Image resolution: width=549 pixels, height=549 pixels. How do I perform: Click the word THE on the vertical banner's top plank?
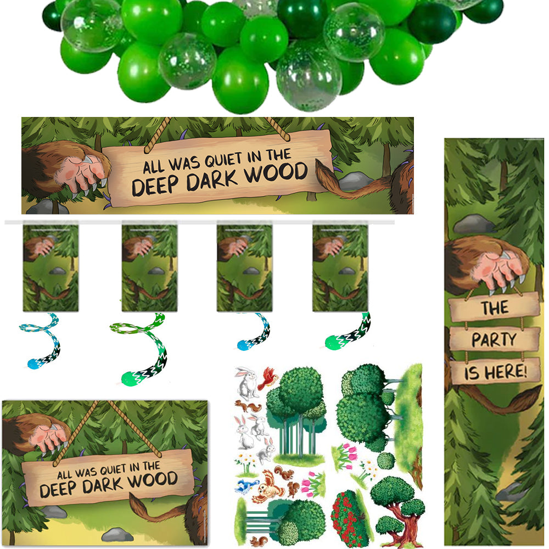[x=495, y=308]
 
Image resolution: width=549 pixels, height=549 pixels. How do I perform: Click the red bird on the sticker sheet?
[x=268, y=378]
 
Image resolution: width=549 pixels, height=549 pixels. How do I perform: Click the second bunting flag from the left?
[x=150, y=267]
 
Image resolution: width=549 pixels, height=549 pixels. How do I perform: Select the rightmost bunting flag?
[x=340, y=267]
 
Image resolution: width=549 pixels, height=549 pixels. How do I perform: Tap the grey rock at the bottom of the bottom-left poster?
[x=117, y=534]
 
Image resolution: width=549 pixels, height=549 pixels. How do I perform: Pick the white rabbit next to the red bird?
[x=247, y=382]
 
